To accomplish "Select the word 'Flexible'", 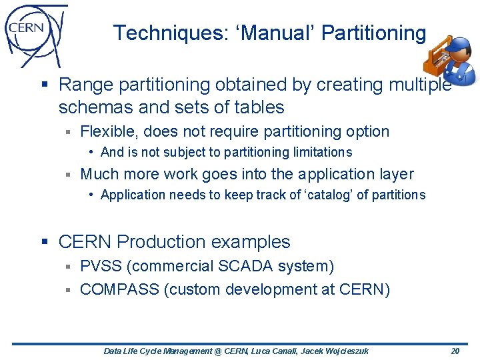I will (x=106, y=132).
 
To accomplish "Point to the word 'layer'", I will (x=394, y=175).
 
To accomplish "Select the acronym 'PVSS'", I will (x=101, y=267).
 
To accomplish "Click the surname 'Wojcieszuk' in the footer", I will (x=346, y=351).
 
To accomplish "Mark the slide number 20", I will (x=455, y=351).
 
